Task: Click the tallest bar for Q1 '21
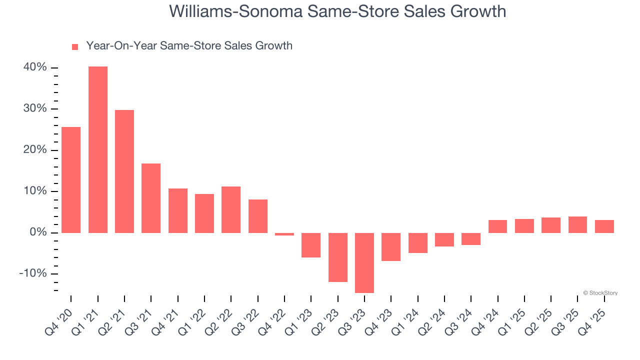[x=97, y=150]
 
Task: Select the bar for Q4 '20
[x=71, y=180]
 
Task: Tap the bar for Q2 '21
[x=124, y=171]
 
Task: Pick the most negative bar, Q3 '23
[x=364, y=263]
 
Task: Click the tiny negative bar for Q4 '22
[x=284, y=234]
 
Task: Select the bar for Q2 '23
[x=337, y=257]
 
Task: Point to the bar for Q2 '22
[x=231, y=210]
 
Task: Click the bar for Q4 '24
[x=497, y=226]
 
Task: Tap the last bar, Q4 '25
[x=604, y=226]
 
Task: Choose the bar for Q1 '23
[x=311, y=245]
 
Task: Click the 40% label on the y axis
[x=35, y=67]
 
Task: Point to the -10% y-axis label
[x=33, y=274]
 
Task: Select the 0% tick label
[x=38, y=232]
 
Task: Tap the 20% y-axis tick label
[x=35, y=150]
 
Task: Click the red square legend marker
[x=75, y=46]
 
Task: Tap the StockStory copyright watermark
[x=600, y=293]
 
